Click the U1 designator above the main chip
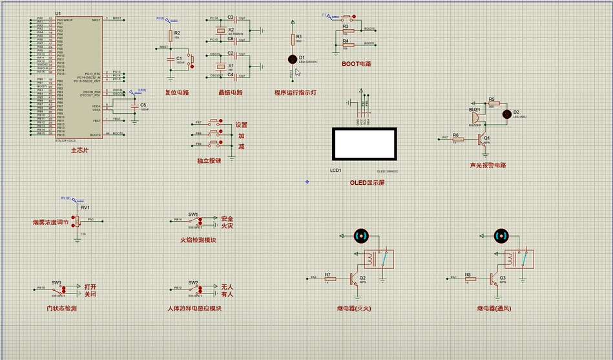point(58,14)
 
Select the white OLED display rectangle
point(364,144)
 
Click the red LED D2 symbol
point(506,113)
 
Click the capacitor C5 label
point(143,104)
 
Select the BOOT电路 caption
point(357,64)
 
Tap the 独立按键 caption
point(209,160)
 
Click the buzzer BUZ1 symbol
point(475,118)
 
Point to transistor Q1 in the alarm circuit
point(481,138)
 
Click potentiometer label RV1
point(85,207)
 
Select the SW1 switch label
point(193,214)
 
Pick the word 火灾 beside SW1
point(227,226)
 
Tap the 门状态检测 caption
point(62,309)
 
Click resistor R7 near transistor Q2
point(328,279)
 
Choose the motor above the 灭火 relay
point(360,235)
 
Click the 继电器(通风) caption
point(494,309)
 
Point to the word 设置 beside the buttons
point(241,125)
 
